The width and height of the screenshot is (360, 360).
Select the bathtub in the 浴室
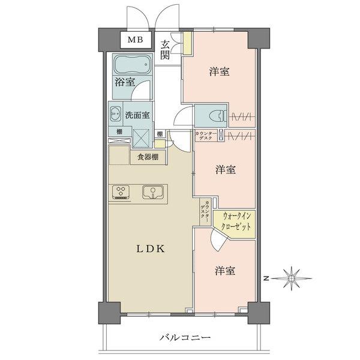pyautogui.click(x=130, y=65)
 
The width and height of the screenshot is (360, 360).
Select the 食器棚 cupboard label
pyautogui.click(x=148, y=157)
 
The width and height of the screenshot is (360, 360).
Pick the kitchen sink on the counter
pyautogui.click(x=152, y=193)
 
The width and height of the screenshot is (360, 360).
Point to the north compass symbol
pyautogui.click(x=291, y=278)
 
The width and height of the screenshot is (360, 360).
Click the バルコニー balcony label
pyautogui.click(x=185, y=338)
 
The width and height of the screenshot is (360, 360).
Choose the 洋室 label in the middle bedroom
pyautogui.click(x=226, y=170)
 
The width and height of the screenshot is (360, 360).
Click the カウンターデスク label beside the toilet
pyautogui.click(x=205, y=134)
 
